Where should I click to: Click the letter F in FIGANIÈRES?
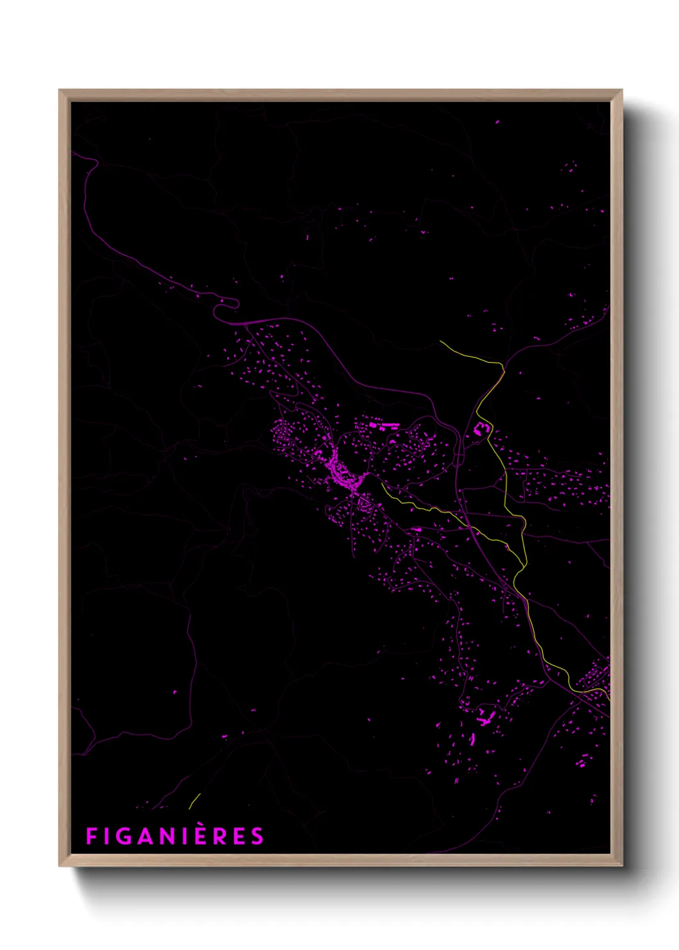(91, 836)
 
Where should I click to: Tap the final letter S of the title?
(257, 836)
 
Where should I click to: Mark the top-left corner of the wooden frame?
(60, 91)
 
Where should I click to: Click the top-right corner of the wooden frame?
(622, 91)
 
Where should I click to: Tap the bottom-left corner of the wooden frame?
(60, 866)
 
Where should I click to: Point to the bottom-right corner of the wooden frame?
(622, 866)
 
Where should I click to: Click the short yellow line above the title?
(194, 801)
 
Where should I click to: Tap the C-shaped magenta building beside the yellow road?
(481, 428)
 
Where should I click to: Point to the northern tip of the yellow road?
(440, 341)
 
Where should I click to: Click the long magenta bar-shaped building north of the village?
(384, 424)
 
